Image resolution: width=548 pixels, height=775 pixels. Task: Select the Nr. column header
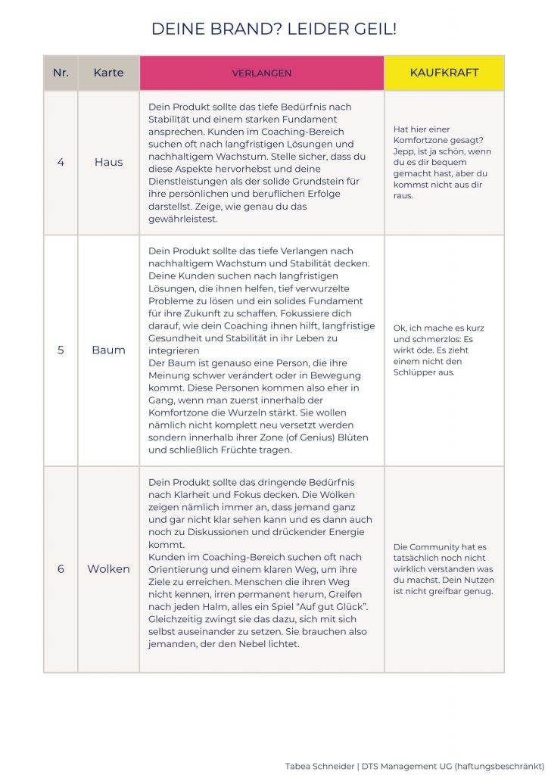[61, 73]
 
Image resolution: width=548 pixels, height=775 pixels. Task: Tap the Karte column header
[108, 73]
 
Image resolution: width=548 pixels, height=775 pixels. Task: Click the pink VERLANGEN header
[261, 73]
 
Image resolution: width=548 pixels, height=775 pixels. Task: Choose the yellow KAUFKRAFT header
[444, 73]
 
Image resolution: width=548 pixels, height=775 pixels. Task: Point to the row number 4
[61, 162]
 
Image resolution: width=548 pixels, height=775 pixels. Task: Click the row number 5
[61, 350]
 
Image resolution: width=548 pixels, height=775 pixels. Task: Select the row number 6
[61, 568]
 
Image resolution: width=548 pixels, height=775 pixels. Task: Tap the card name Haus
[108, 162]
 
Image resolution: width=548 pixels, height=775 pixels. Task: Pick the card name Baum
[108, 350]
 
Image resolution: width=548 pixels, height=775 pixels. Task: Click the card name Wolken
[108, 568]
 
